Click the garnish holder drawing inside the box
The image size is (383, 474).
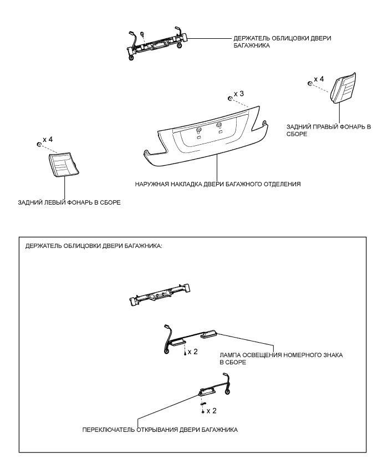coord(160,295)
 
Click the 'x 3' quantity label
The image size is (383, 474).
coord(239,94)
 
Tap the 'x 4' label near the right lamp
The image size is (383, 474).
coord(319,79)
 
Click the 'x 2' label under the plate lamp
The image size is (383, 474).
coord(193,352)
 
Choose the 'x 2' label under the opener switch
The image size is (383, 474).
coord(212,411)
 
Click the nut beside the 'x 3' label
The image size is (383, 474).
coord(229,99)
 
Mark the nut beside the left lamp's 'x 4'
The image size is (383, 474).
coord(38,145)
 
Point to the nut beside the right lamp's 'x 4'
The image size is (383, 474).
coord(309,84)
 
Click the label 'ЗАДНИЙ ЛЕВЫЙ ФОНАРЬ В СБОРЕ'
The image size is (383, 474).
coord(69,202)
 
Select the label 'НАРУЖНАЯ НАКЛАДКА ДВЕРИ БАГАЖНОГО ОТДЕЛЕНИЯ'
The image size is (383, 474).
coord(217,184)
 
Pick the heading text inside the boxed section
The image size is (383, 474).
coord(94,246)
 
